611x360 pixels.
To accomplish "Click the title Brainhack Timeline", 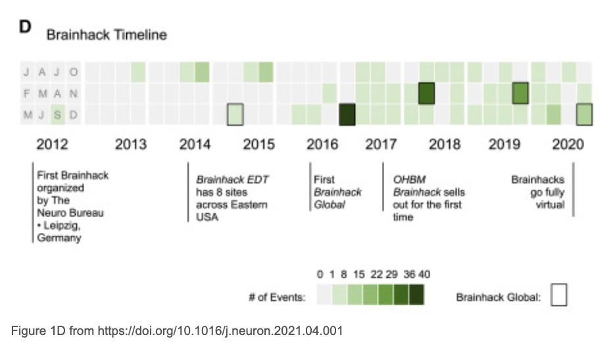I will (x=106, y=35).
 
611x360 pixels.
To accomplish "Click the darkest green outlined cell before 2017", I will (x=347, y=115).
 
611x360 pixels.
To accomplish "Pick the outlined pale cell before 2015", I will (x=235, y=115).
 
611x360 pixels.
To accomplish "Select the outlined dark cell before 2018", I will (x=427, y=93).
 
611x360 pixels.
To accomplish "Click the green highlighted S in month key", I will (x=57, y=115).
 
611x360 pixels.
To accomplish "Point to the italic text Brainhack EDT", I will (x=232, y=180).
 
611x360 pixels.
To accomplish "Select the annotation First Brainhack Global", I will (x=337, y=192).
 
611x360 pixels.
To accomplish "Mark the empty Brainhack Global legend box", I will (x=558, y=295).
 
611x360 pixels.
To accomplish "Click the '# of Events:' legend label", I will (x=276, y=297).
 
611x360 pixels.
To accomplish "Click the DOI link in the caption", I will (x=220, y=331).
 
